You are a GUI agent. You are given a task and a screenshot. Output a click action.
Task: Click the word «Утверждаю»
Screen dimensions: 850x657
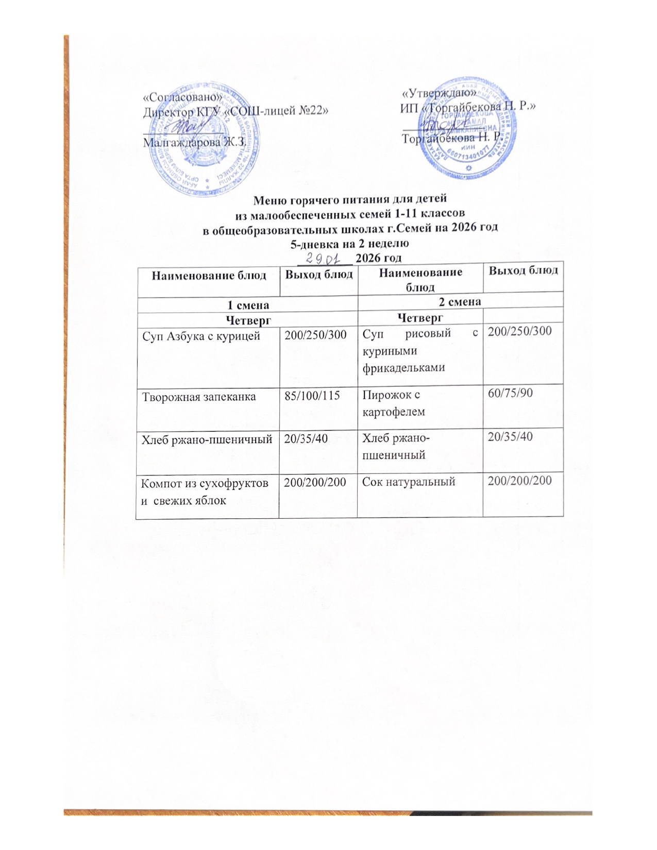[x=439, y=93]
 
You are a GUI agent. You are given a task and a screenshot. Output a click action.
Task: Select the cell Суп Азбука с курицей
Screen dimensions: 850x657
[x=201, y=336]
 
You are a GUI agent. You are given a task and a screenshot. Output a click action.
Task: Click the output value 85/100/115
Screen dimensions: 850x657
[x=312, y=396]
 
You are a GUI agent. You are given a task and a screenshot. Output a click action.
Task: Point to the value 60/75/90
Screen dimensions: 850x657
[x=511, y=393]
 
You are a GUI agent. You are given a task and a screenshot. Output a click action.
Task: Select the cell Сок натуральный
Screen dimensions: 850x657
[x=409, y=482]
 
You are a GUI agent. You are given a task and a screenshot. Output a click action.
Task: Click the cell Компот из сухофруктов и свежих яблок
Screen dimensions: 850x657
[x=205, y=491]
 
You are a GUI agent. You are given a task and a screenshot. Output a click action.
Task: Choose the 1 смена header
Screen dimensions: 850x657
[x=248, y=305]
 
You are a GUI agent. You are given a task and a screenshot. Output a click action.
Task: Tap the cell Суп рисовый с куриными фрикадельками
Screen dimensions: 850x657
[x=420, y=351]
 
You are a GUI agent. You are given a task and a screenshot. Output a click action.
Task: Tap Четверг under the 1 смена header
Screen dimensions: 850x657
[x=248, y=319]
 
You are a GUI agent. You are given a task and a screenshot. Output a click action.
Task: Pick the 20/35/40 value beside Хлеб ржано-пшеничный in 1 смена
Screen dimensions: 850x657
[x=307, y=439]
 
